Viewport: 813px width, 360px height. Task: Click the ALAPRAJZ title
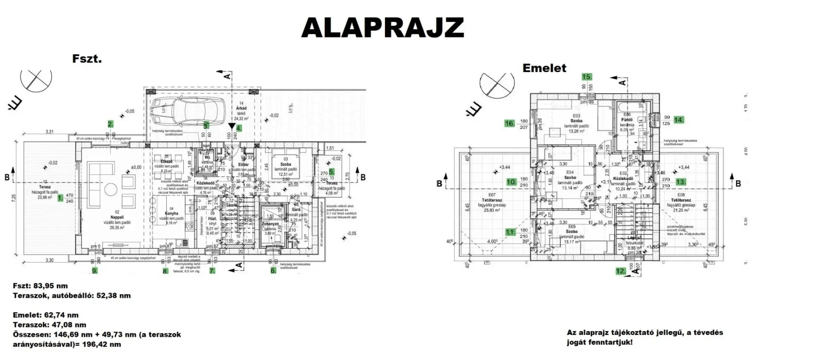[382, 28]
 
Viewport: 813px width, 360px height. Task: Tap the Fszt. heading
[87, 58]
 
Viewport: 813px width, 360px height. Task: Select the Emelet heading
[544, 68]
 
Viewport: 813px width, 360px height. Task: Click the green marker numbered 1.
[60, 198]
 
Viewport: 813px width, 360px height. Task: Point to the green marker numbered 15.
[586, 77]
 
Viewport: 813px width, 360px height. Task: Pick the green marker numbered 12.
[621, 271]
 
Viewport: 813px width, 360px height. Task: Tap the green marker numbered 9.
[94, 270]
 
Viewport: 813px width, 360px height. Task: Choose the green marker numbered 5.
[332, 172]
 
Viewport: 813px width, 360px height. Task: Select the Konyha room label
[171, 213]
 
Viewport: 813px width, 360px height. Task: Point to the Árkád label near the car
[241, 108]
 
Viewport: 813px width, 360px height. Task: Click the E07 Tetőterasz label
[492, 200]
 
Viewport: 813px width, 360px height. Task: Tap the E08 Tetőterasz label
[681, 200]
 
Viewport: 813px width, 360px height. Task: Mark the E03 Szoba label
[576, 121]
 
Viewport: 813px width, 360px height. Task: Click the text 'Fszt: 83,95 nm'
[40, 286]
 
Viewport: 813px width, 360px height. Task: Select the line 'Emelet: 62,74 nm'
[46, 315]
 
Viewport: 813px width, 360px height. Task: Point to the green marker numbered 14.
[679, 120]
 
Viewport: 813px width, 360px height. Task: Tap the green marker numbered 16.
[509, 124]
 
